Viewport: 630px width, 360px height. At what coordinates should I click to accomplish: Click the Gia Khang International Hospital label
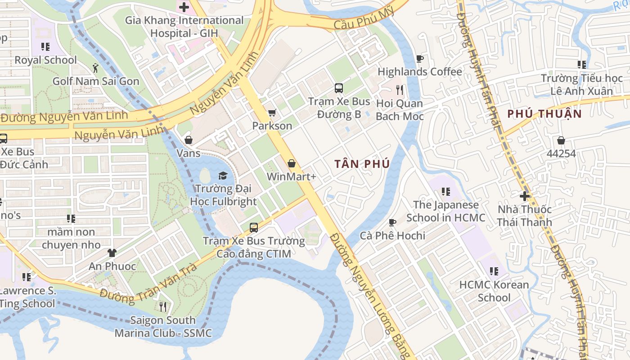184,27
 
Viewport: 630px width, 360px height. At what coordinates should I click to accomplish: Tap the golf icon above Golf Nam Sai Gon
95,68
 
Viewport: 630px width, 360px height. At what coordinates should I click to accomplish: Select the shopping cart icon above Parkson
272,112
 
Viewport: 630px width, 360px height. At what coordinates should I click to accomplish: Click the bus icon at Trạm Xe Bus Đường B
339,88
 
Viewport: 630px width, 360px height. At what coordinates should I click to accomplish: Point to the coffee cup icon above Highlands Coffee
419,58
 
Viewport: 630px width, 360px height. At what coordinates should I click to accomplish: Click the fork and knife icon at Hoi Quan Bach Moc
399,90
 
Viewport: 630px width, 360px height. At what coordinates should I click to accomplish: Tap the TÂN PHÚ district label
362,164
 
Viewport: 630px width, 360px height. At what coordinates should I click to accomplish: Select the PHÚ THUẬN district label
544,114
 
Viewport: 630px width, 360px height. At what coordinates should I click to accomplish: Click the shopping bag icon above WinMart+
292,163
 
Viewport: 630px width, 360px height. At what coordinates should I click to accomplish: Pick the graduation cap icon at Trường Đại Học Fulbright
223,175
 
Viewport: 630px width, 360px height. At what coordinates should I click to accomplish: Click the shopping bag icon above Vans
189,140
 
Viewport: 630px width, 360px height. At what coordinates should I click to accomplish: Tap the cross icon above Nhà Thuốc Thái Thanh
524,196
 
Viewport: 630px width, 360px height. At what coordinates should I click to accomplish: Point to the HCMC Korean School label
494,291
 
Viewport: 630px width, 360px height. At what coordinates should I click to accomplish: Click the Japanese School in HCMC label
445,211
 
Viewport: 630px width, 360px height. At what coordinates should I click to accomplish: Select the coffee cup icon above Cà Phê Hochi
392,222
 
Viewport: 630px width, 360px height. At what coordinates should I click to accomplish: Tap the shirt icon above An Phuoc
112,253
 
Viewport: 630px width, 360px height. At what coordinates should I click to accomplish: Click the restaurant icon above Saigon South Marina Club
163,307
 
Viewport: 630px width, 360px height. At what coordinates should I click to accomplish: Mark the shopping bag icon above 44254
561,140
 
